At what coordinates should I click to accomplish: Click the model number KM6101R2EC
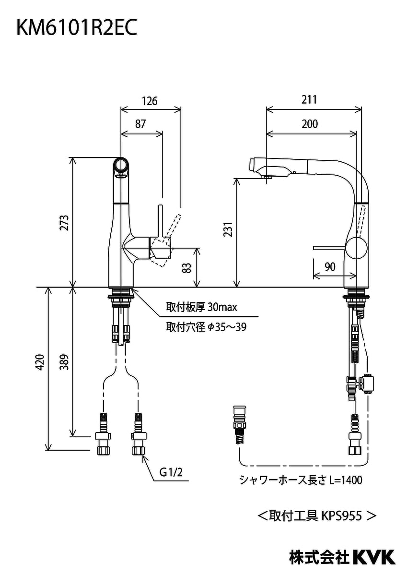tap(77, 28)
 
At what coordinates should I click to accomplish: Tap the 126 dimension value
tap(150, 101)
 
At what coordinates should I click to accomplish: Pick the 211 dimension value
tap(310, 100)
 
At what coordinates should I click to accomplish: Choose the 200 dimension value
tap(310, 124)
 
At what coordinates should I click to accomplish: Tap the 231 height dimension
tap(229, 232)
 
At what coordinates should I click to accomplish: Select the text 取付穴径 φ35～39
tap(207, 327)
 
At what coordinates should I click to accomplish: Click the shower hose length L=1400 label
tap(301, 480)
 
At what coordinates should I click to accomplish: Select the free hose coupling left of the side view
tap(238, 425)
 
